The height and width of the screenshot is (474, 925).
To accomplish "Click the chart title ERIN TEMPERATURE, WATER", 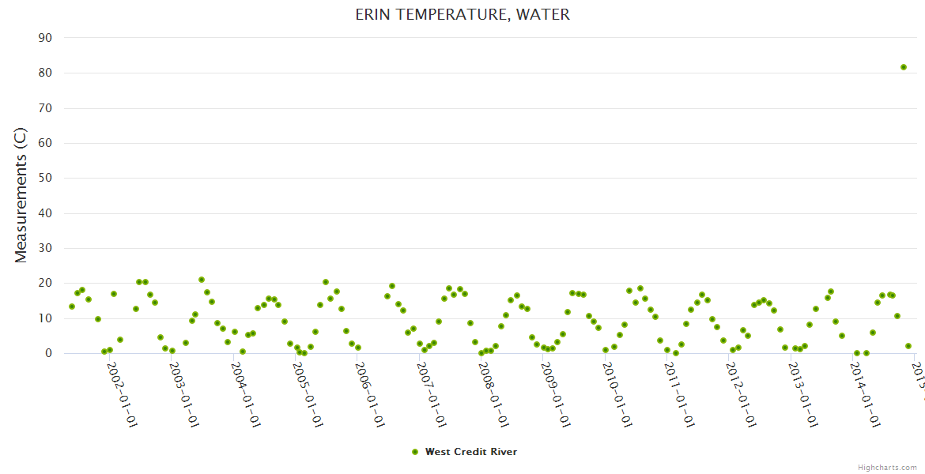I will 462,15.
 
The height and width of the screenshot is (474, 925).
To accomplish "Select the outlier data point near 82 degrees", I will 904,67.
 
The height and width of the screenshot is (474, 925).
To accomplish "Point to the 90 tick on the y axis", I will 45,38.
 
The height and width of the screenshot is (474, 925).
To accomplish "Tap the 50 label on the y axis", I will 45,178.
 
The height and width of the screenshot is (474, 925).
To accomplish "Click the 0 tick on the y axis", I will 48,353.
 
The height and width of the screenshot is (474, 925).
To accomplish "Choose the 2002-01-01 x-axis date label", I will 122,395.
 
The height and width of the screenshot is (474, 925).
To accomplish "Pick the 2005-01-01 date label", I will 308,395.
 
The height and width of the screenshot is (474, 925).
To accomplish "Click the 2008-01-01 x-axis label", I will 493,395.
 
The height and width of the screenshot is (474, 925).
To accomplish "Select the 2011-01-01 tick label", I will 679,395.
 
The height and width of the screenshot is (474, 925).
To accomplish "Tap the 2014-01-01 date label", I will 865,395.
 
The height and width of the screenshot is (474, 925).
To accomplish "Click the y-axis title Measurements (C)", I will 21,195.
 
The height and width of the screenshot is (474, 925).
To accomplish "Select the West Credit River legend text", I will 471,452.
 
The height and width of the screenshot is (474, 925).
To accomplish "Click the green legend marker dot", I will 415,452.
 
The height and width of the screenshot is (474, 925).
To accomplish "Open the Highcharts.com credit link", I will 887,467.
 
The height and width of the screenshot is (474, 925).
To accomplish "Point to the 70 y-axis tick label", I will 45,108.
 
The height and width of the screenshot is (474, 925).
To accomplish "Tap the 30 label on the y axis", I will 45,248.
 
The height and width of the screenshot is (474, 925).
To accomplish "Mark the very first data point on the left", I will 72,307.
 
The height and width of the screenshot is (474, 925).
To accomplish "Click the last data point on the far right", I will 908,346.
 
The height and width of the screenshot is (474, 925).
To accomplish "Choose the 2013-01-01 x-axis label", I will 803,395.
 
